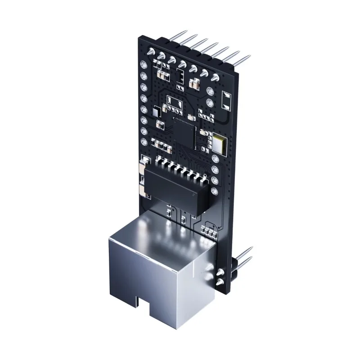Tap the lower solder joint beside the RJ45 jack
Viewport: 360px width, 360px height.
(219, 282)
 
